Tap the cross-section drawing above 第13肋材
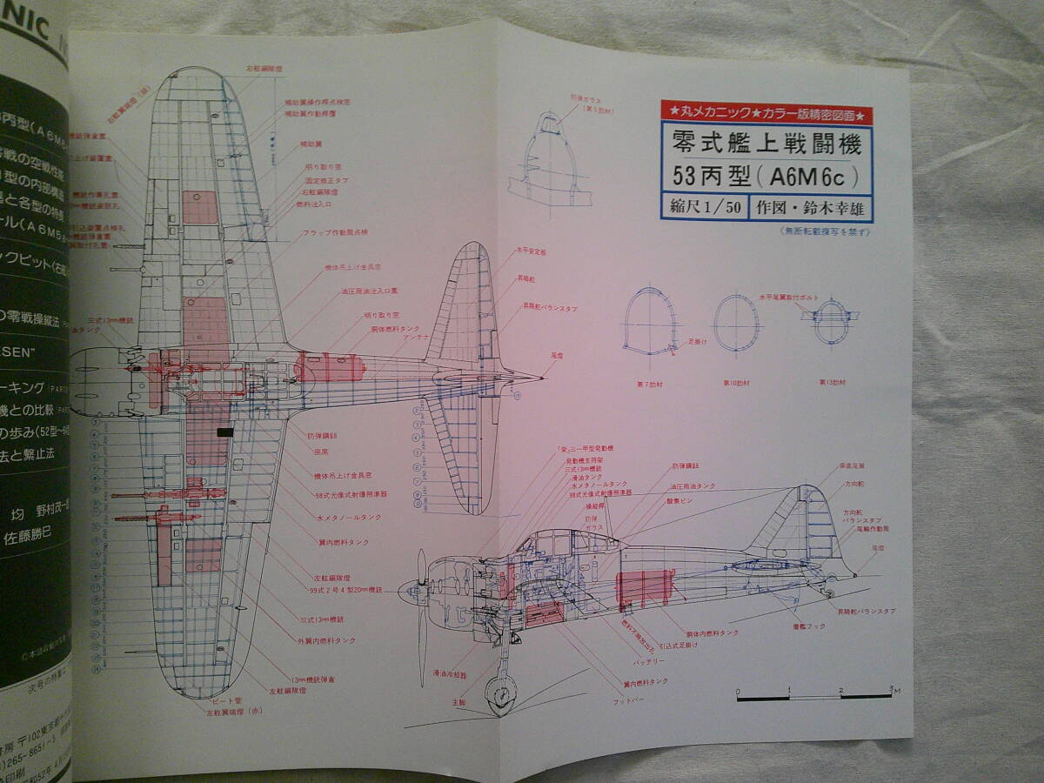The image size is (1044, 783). click(x=831, y=322)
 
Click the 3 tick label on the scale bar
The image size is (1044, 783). click(x=890, y=688)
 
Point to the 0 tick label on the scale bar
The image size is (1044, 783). click(x=739, y=688)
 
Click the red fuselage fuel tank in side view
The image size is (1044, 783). click(x=644, y=588)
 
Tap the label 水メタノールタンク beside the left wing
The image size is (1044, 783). click(x=331, y=516)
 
